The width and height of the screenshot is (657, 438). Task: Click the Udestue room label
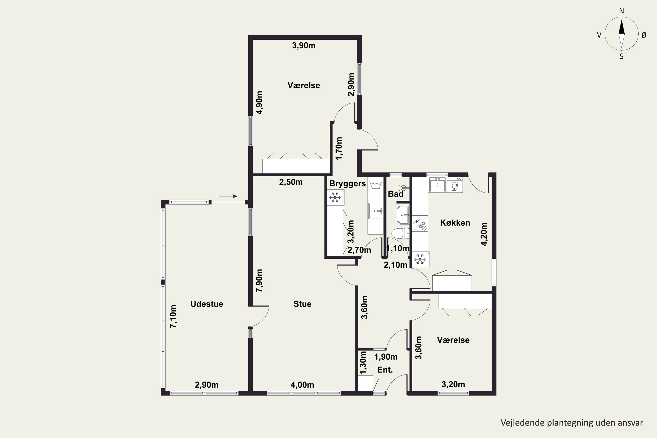click(x=207, y=304)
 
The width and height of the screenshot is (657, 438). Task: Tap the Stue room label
click(x=302, y=304)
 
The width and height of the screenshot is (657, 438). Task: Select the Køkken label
click(x=455, y=223)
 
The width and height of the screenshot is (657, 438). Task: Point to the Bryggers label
click(x=347, y=184)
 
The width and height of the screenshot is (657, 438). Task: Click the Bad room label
click(x=396, y=194)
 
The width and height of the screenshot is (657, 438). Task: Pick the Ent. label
click(x=385, y=370)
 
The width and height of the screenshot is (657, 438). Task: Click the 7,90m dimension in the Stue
click(x=260, y=281)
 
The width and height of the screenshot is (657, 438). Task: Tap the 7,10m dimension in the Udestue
click(x=173, y=316)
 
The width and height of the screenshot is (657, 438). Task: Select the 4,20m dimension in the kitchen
click(x=484, y=234)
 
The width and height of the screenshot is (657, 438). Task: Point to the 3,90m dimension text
click(x=304, y=46)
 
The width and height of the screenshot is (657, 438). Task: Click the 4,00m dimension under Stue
click(x=302, y=385)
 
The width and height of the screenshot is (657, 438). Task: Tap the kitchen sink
click(x=437, y=185)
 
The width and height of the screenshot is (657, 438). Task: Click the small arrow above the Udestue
click(x=228, y=196)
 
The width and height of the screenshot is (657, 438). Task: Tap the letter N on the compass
click(x=622, y=11)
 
